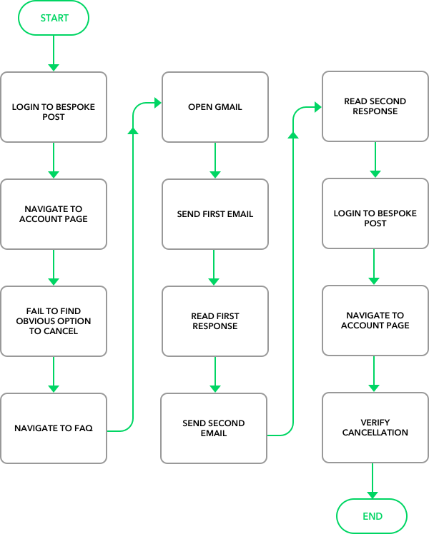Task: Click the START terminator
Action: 54,18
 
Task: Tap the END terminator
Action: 372,516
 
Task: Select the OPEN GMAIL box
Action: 214,107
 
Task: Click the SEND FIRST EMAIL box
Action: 214,214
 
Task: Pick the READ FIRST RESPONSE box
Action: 214,321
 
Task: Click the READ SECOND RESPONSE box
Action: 375,106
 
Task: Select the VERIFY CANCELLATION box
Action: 375,428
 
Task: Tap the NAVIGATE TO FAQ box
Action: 54,428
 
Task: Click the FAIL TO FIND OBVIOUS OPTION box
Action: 54,321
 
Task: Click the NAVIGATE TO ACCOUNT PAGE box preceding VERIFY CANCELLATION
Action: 375,321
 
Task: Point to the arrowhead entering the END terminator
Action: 372,495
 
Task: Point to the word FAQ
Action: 84,428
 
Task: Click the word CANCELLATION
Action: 375,433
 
